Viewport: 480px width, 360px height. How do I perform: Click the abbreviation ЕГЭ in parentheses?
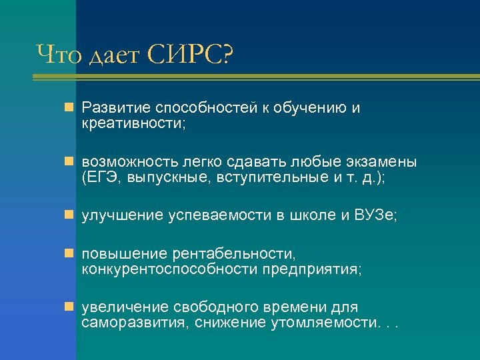[101, 178]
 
